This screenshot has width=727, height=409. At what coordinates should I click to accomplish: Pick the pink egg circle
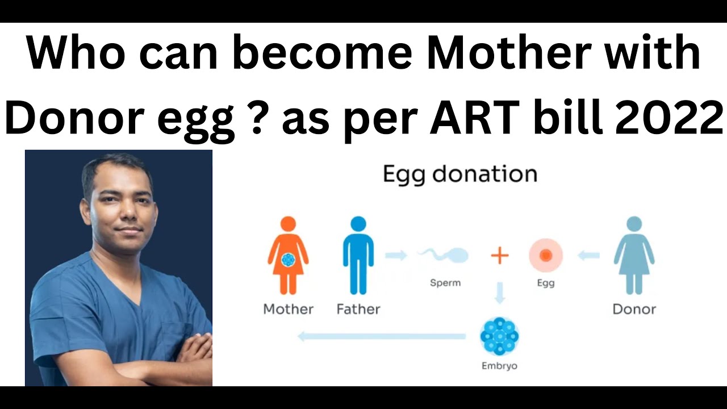(x=546, y=256)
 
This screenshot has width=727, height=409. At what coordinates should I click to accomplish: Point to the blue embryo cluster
(x=499, y=336)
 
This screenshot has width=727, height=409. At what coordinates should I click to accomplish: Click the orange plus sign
(x=500, y=256)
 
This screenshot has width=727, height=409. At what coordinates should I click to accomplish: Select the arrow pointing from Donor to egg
(x=588, y=256)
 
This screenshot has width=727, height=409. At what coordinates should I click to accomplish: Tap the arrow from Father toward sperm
(x=396, y=256)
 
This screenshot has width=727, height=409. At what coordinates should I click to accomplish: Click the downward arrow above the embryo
(x=499, y=293)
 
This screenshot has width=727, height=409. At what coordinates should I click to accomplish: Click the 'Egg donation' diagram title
(x=460, y=174)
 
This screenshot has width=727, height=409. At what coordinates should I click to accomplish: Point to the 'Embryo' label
(x=499, y=366)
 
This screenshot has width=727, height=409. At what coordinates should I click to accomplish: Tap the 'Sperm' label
(x=445, y=283)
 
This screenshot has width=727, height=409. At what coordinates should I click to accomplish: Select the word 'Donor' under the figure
(x=634, y=310)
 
